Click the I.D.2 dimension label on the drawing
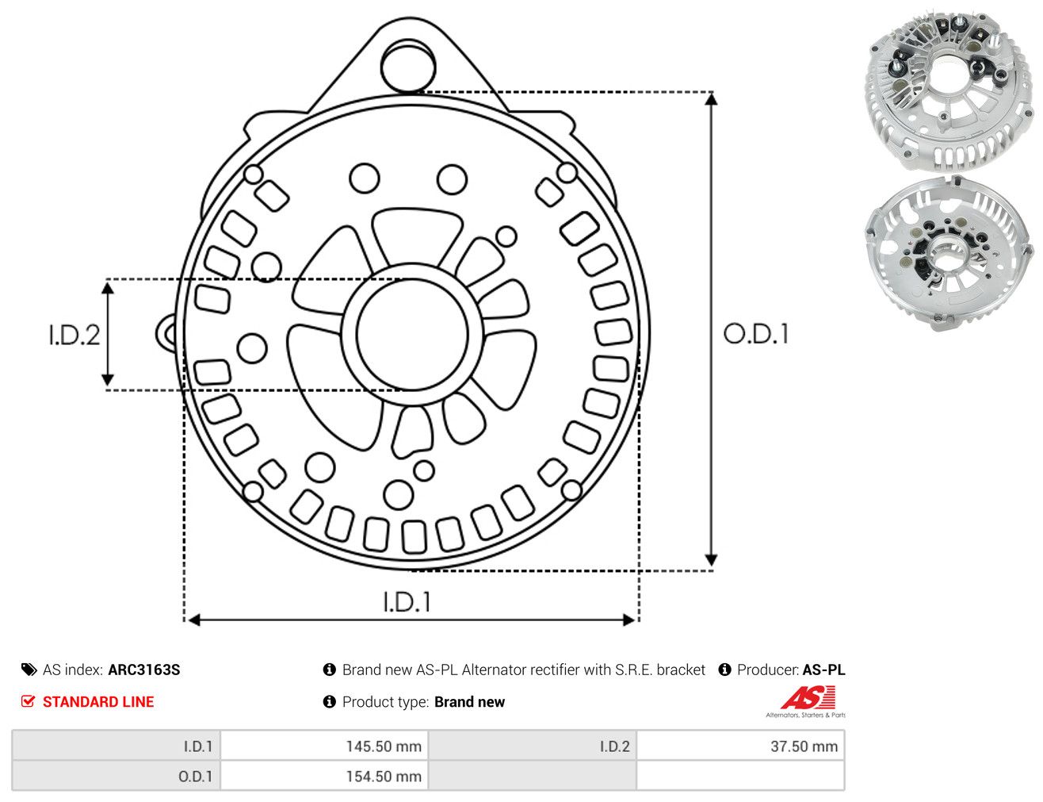[x=74, y=336]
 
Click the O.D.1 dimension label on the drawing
[x=756, y=334]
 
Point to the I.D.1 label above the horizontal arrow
[x=407, y=602]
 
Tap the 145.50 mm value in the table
[x=384, y=746]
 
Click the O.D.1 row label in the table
[x=195, y=776]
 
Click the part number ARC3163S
[x=144, y=670]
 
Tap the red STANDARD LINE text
[x=98, y=701]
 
